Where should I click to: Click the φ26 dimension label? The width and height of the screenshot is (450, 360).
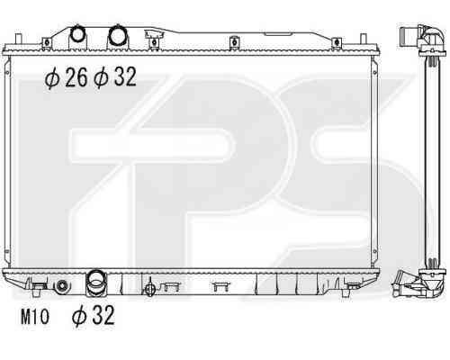(x=67, y=77)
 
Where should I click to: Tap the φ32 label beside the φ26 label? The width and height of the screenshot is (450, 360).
(x=115, y=77)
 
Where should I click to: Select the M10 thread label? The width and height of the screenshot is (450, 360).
(x=34, y=317)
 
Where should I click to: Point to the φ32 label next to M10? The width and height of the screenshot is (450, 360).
(x=94, y=315)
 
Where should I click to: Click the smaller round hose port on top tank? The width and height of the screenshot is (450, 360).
(x=77, y=34)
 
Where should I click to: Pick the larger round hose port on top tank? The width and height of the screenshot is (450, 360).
(x=117, y=35)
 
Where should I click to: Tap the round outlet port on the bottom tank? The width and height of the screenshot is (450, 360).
(x=96, y=280)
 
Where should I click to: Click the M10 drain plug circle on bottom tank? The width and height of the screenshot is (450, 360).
(x=62, y=286)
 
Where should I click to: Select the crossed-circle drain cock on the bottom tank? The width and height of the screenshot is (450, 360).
(x=149, y=289)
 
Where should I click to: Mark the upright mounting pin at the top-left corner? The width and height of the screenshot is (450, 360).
(x=18, y=40)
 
